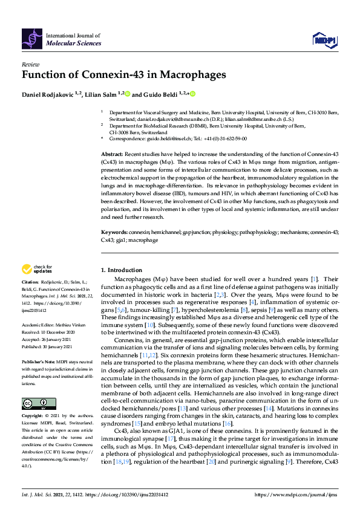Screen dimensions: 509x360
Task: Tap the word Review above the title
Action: [30, 63]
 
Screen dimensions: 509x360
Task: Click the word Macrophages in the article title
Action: [188, 75]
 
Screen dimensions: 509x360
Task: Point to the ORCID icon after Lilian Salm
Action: [128, 94]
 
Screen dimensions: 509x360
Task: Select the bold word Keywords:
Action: [115, 232]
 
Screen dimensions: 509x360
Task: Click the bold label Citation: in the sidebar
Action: [30, 282]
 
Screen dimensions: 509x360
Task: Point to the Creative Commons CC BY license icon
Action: [31, 386]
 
